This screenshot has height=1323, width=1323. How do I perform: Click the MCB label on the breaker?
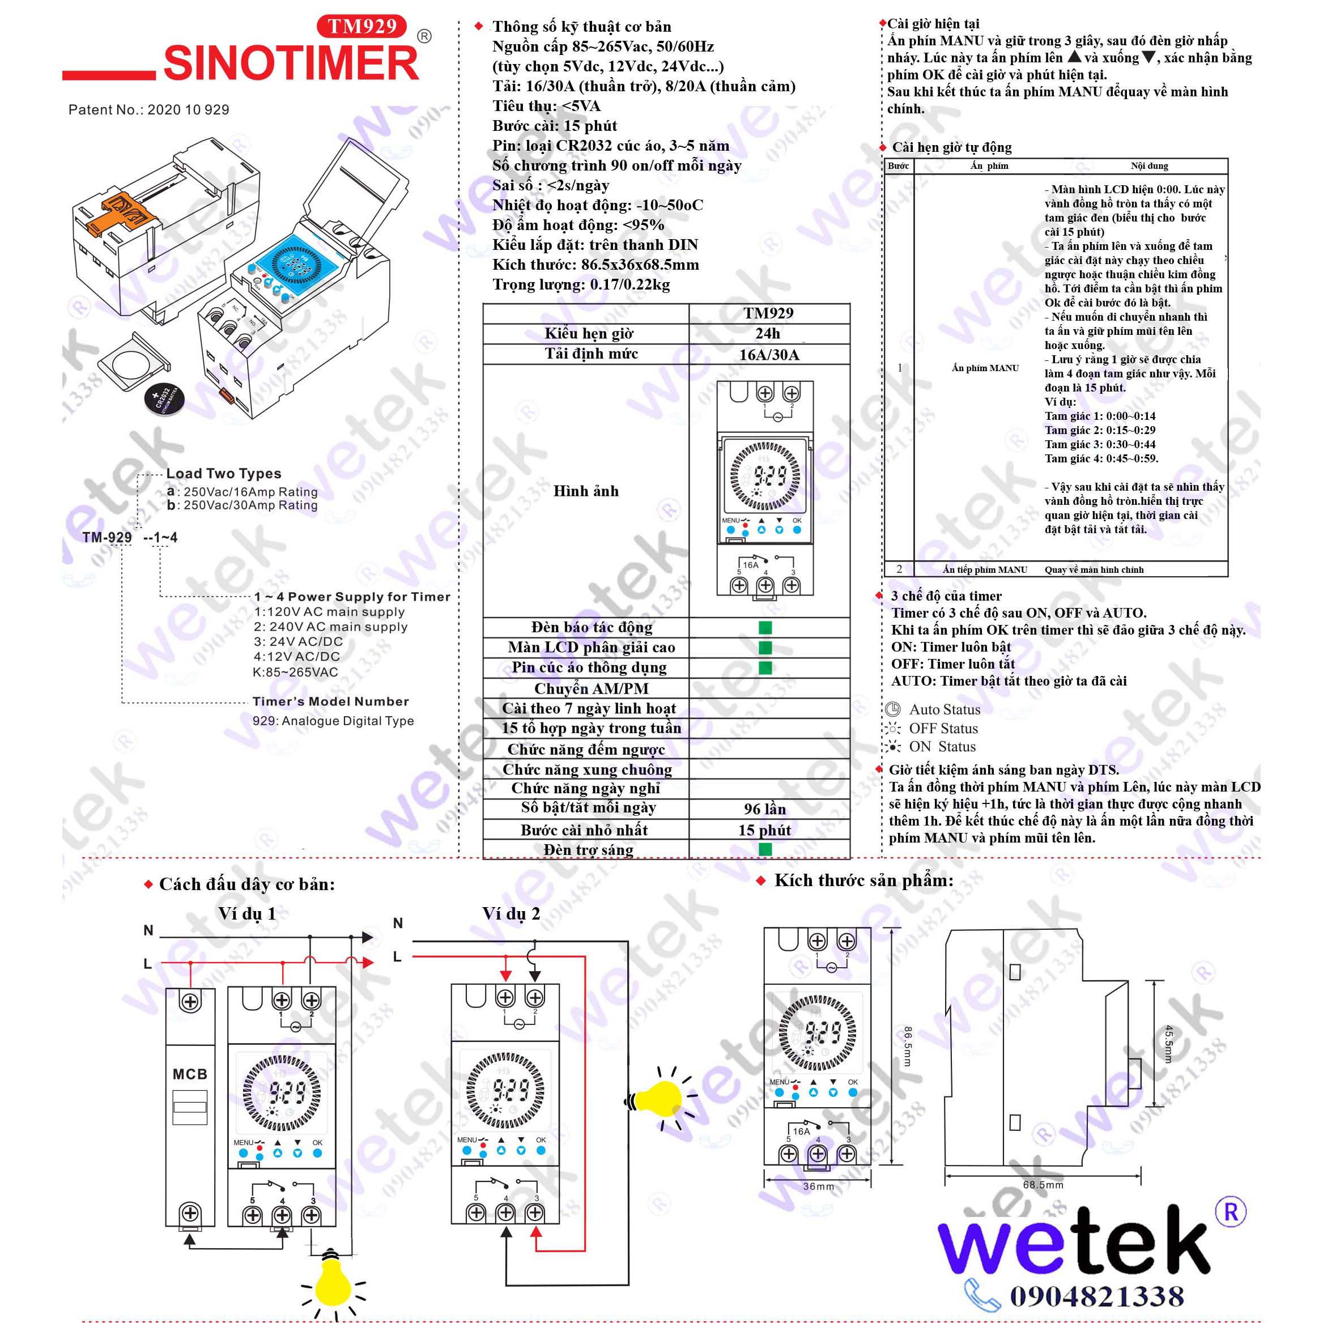click(190, 1074)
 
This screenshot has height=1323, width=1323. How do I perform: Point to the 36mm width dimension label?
click(818, 1186)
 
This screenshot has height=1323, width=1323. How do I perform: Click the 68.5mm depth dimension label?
click(1043, 1185)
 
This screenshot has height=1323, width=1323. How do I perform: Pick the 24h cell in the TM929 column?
click(768, 334)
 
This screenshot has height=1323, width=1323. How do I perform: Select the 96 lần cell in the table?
click(765, 809)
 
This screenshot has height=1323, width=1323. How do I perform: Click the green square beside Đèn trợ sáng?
click(765, 850)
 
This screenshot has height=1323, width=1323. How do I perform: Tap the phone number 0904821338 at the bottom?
click(1096, 1296)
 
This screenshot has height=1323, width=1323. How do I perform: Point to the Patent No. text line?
click(148, 109)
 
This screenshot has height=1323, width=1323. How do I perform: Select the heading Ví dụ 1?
click(246, 913)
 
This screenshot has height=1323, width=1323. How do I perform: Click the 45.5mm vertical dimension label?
click(1168, 1044)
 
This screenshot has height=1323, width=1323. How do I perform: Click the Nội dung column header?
click(1149, 165)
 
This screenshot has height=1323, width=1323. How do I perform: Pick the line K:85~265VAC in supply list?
click(295, 672)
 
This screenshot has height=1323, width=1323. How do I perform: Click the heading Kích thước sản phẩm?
click(863, 880)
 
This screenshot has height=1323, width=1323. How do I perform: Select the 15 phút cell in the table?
click(764, 830)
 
